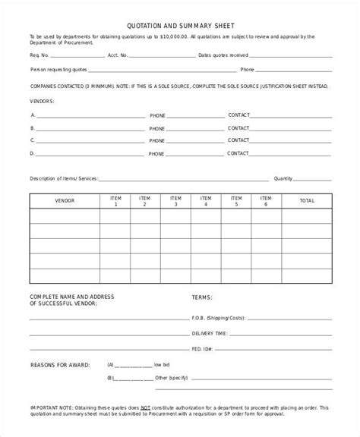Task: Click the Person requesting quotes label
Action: pyautogui.click(x=58, y=71)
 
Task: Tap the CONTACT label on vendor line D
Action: pyautogui.click(x=238, y=153)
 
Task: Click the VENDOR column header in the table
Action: pyautogui.click(x=65, y=201)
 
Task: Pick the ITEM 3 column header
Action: pyautogui.click(x=175, y=201)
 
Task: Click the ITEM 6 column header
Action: pyautogui.click(x=266, y=201)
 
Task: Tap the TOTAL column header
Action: pyautogui.click(x=307, y=201)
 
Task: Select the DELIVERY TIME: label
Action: pyautogui.click(x=210, y=333)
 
